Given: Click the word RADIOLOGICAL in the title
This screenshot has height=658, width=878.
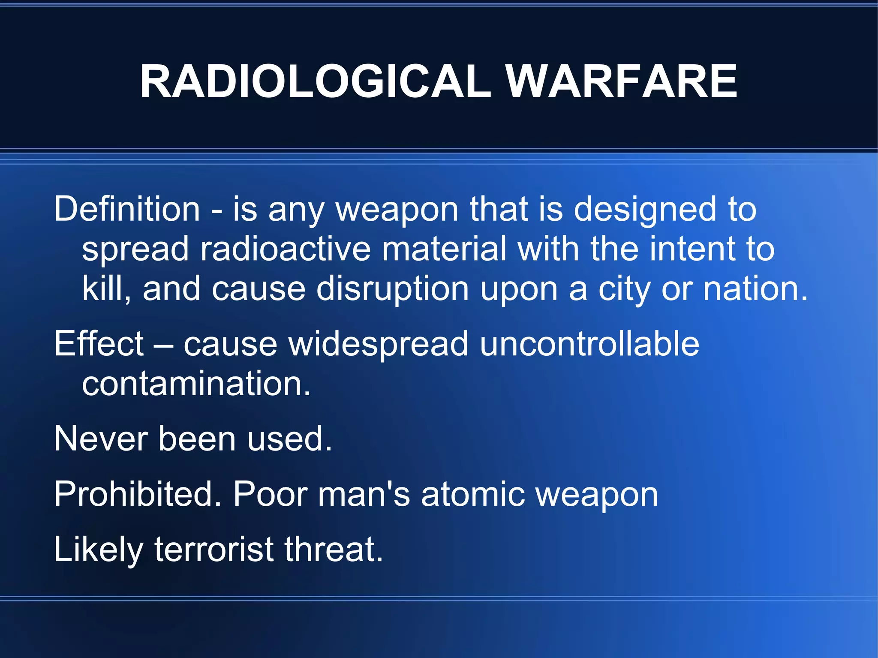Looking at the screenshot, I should coord(315,81).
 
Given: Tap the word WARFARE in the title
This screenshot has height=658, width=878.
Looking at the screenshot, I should coord(622,81).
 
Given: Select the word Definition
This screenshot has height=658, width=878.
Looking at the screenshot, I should coord(127,209).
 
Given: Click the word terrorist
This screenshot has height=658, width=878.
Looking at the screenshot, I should coord(213,549).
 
